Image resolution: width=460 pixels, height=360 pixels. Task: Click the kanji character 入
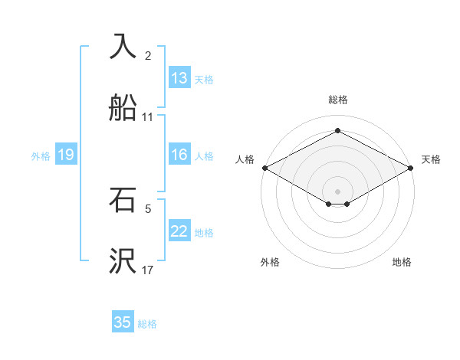123,47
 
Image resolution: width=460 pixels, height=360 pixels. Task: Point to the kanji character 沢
123,261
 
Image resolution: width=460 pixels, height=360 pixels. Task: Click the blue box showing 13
179,78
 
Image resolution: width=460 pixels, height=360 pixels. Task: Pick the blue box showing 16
179,155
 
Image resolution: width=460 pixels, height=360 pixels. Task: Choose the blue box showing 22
179,231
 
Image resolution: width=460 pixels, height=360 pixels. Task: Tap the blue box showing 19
66,155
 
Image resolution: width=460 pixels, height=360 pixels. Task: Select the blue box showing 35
123,322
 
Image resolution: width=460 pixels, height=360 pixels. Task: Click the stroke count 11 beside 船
148,117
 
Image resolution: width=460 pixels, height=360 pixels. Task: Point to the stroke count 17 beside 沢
148,270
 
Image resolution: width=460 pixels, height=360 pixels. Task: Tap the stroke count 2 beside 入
148,56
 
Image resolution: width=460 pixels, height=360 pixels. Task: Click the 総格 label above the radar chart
338,100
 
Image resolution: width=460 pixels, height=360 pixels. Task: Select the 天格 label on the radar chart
432,159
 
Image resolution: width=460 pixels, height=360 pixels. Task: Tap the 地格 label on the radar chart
402,263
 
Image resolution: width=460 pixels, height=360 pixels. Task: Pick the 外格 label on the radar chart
270,263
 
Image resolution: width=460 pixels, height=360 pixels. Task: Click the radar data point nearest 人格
264,167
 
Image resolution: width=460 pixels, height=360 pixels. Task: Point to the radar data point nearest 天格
412,167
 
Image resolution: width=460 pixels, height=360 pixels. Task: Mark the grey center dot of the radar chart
338,191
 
